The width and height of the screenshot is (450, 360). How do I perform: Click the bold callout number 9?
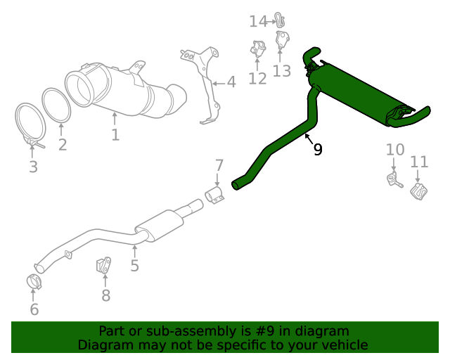point(318,149)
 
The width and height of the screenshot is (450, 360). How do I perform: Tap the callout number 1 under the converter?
point(115,134)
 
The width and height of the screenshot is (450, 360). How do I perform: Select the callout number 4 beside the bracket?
point(231,82)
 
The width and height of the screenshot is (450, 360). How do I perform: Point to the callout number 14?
point(258,22)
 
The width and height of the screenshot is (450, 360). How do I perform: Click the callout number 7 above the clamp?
point(219,166)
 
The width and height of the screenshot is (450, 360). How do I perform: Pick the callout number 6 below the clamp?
point(34,309)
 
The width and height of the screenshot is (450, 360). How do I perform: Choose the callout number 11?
point(419,162)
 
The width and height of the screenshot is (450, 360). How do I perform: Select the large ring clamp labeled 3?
point(30,124)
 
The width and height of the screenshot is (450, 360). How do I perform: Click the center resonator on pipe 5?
point(160,224)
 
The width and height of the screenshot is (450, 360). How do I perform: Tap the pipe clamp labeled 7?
point(214,195)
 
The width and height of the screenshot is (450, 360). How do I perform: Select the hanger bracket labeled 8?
point(104,268)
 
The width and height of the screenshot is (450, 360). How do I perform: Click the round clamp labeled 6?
point(34,281)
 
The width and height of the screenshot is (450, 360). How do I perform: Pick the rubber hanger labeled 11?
point(419,191)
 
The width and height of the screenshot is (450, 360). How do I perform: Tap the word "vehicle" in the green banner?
point(344,345)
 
